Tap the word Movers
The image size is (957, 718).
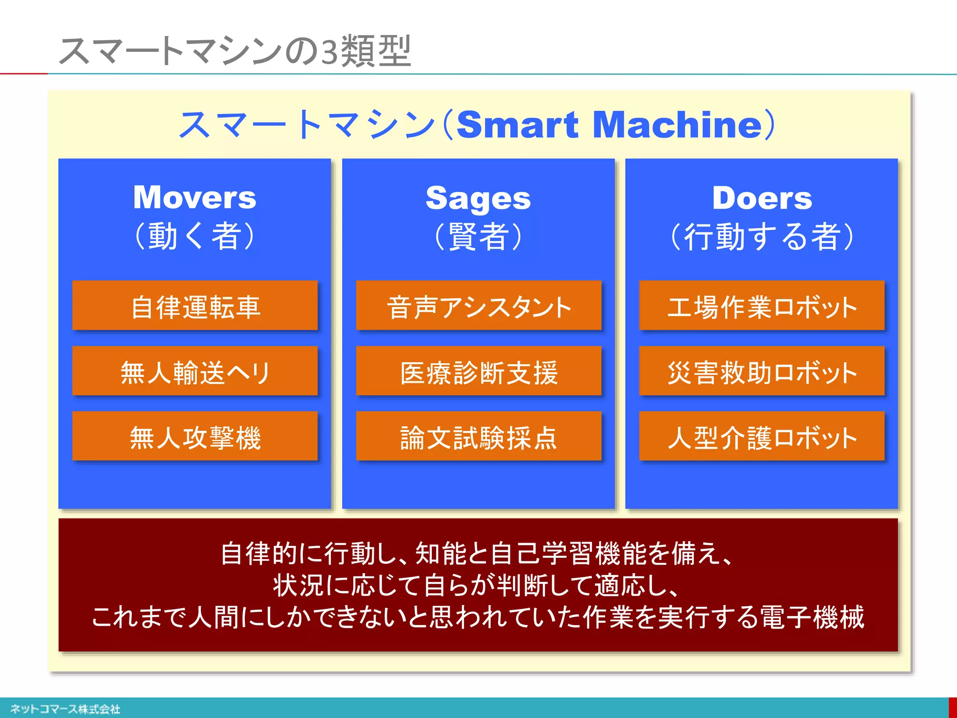tap(194, 197)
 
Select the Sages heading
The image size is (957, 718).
tap(478, 198)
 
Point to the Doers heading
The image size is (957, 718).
tap(762, 198)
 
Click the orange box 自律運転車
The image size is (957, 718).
tap(195, 306)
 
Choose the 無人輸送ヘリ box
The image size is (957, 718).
tap(195, 371)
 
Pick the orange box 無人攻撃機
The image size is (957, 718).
tap(195, 437)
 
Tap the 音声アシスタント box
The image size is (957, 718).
tap(478, 306)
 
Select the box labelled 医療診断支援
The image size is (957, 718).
tap(478, 371)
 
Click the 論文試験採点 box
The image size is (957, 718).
tap(478, 437)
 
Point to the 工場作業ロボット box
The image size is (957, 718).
tap(762, 306)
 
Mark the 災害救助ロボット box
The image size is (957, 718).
tap(762, 371)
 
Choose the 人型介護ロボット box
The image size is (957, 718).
tap(762, 437)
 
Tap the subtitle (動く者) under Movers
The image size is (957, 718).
tap(194, 236)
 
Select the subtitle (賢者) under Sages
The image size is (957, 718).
tap(478, 237)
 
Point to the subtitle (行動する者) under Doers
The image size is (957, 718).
tap(762, 237)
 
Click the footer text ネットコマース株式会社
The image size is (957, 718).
tap(65, 709)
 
